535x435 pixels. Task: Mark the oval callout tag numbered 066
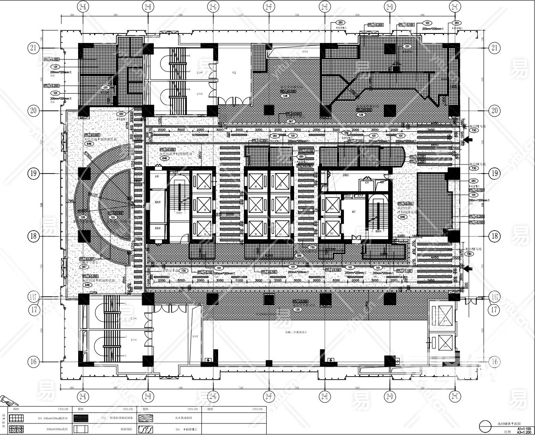(x=300, y=256)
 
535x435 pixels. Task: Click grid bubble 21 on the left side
(x=34, y=48)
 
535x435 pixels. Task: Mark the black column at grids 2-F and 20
(x=269, y=110)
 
